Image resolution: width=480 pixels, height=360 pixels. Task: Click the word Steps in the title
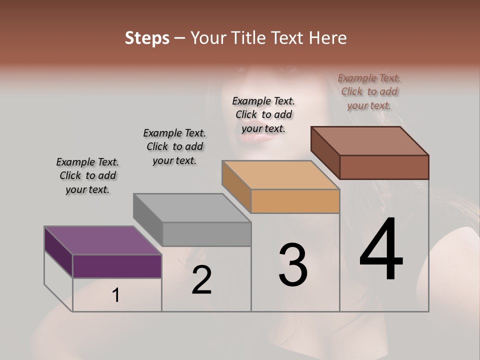tap(147, 38)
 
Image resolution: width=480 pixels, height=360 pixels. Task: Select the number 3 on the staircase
tap(293, 265)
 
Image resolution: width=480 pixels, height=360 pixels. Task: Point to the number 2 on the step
tap(201, 280)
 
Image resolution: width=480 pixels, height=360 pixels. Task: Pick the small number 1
tap(116, 295)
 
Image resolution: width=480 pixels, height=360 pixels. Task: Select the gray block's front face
tap(206, 234)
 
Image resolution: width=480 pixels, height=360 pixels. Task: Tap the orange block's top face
tap(280, 175)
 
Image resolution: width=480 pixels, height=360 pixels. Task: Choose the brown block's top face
tap(369, 141)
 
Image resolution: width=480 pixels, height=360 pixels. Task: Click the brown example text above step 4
tap(369, 92)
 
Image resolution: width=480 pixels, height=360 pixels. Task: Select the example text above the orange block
tap(263, 114)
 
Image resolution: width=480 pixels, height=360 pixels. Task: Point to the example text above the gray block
tap(174, 146)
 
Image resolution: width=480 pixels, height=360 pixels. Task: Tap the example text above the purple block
tap(87, 175)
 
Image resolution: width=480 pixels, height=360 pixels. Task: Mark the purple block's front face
tap(117, 266)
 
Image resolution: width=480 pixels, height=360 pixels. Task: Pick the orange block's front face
tap(295, 201)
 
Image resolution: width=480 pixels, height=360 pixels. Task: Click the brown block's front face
tap(384, 167)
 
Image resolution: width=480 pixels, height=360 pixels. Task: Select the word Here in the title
tap(327, 38)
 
